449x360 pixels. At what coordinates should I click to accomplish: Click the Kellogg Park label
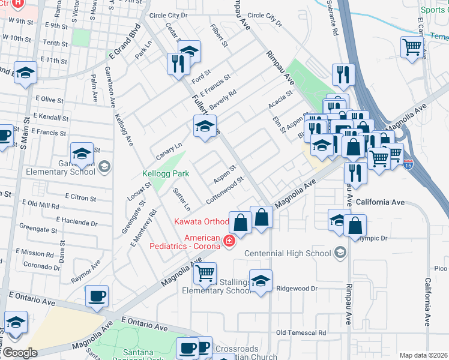[166, 174]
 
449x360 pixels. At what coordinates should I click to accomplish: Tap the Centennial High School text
[288, 253]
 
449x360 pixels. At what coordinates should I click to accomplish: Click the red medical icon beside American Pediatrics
[228, 242]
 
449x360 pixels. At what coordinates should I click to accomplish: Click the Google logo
[20, 353]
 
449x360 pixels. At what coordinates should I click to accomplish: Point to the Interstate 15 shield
[409, 163]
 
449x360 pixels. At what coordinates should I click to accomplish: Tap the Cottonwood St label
[225, 188]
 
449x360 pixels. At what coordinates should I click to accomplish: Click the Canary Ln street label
[169, 147]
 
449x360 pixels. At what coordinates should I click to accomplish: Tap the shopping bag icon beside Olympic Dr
[355, 226]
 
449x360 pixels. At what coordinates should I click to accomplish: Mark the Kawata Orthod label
[201, 222]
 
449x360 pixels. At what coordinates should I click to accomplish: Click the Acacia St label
[280, 98]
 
